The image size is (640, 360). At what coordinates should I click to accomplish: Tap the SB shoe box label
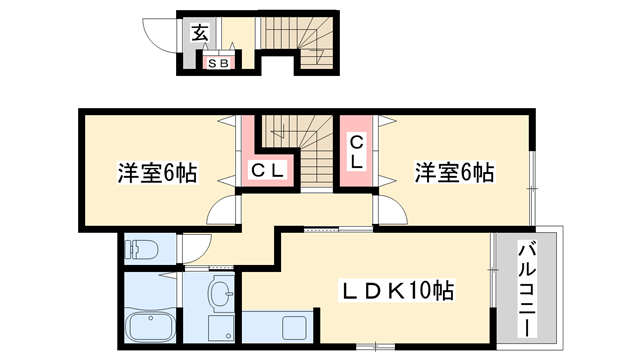pos(218,63)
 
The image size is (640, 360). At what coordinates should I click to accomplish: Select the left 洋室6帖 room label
pos(157,173)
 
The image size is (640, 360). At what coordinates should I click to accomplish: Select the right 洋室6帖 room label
pos(454,171)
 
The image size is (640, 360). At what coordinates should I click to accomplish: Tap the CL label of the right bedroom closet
pos(355,152)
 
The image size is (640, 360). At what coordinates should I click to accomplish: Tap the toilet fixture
pos(143,250)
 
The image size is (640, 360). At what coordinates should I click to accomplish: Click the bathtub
pos(150,327)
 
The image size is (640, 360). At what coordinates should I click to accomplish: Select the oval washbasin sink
pos(219,295)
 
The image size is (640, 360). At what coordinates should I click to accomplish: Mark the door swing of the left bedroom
pos(226,211)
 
